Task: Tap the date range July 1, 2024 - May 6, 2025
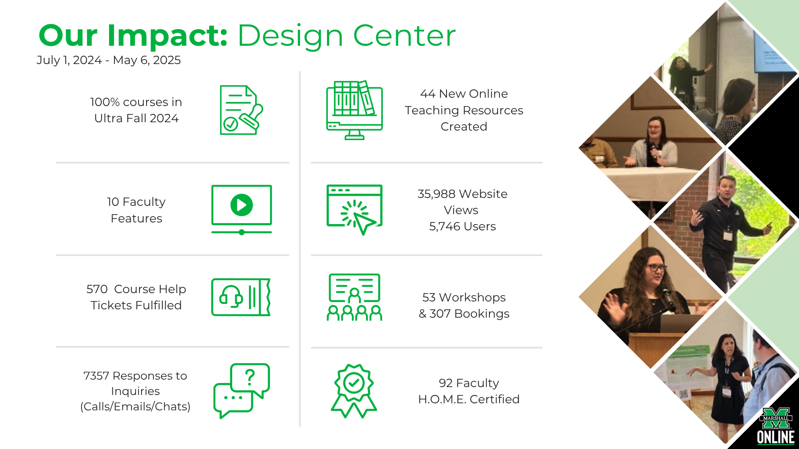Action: tap(109, 60)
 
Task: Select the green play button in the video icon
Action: tap(241, 205)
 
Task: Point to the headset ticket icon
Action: tap(241, 297)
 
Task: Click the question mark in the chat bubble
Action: tap(250, 377)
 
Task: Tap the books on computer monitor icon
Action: tap(355, 110)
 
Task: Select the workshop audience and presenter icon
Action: tap(355, 297)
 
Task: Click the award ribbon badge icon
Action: tap(354, 391)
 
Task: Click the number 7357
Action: tap(96, 376)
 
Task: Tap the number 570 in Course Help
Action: tap(97, 289)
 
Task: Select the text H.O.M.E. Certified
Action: tap(469, 399)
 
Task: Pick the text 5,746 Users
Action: tap(462, 227)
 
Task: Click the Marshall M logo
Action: tap(776, 418)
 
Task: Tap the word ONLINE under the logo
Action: tap(776, 437)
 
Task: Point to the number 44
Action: tap(428, 94)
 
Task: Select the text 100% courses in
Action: tap(136, 102)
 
